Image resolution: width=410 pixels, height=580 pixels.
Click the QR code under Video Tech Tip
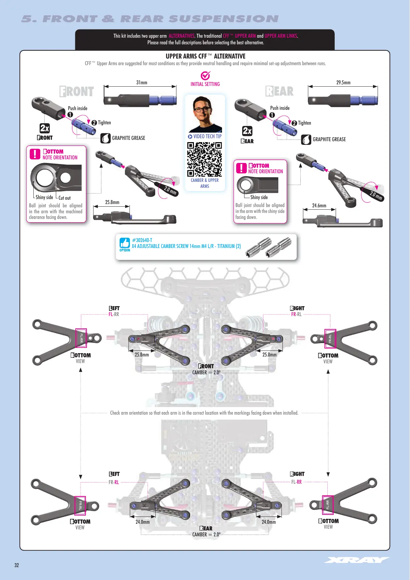pos(205,159)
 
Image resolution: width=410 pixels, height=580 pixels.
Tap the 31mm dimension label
pos(142,82)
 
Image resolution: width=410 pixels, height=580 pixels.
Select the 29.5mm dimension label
pos(343,82)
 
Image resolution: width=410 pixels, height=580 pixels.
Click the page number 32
pos(17,565)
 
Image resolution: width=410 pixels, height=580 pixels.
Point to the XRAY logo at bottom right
pos(357,560)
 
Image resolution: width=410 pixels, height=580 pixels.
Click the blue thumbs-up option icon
pos(125,243)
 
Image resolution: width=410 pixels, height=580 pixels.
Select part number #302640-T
pos(142,240)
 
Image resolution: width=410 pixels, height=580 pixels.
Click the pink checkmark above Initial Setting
pos(205,76)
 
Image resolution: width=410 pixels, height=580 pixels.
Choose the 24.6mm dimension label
pos(319,205)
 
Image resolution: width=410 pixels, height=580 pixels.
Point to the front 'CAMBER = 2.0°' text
pos(206,372)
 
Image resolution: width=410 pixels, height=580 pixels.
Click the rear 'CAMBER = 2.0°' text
pos(206,534)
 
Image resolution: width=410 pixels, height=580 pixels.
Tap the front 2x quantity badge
pos(45,128)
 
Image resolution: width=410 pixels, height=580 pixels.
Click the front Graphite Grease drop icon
pos(105,138)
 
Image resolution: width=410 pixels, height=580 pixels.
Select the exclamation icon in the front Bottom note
pos(35,154)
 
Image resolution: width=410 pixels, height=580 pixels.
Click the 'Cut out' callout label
pos(64,198)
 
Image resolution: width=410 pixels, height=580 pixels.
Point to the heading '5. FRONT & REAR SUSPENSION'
pos(150,19)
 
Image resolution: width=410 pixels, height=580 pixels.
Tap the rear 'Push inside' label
pos(280,108)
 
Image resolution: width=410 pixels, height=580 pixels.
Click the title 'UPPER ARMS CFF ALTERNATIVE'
pos(205,56)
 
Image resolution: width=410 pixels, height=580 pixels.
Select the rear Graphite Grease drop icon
pos(306,140)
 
